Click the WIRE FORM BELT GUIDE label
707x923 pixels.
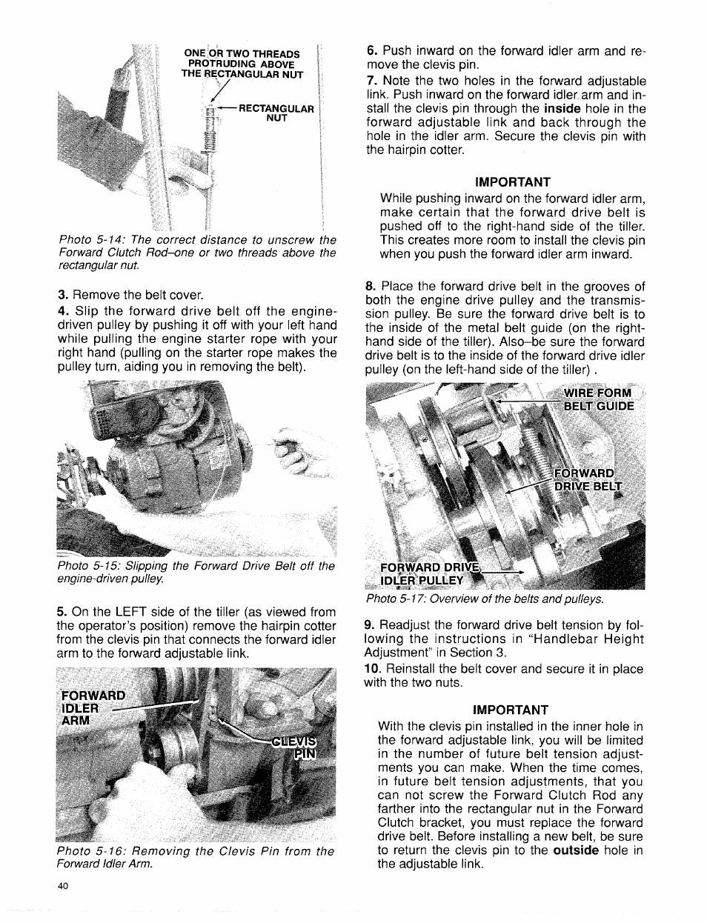pyautogui.click(x=598, y=399)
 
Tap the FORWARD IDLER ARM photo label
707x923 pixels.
pyautogui.click(x=93, y=708)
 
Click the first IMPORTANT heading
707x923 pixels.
pyautogui.click(x=513, y=182)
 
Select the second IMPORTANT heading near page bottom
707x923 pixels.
pyautogui.click(x=511, y=710)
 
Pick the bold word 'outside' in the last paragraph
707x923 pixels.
pyautogui.click(x=575, y=850)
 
